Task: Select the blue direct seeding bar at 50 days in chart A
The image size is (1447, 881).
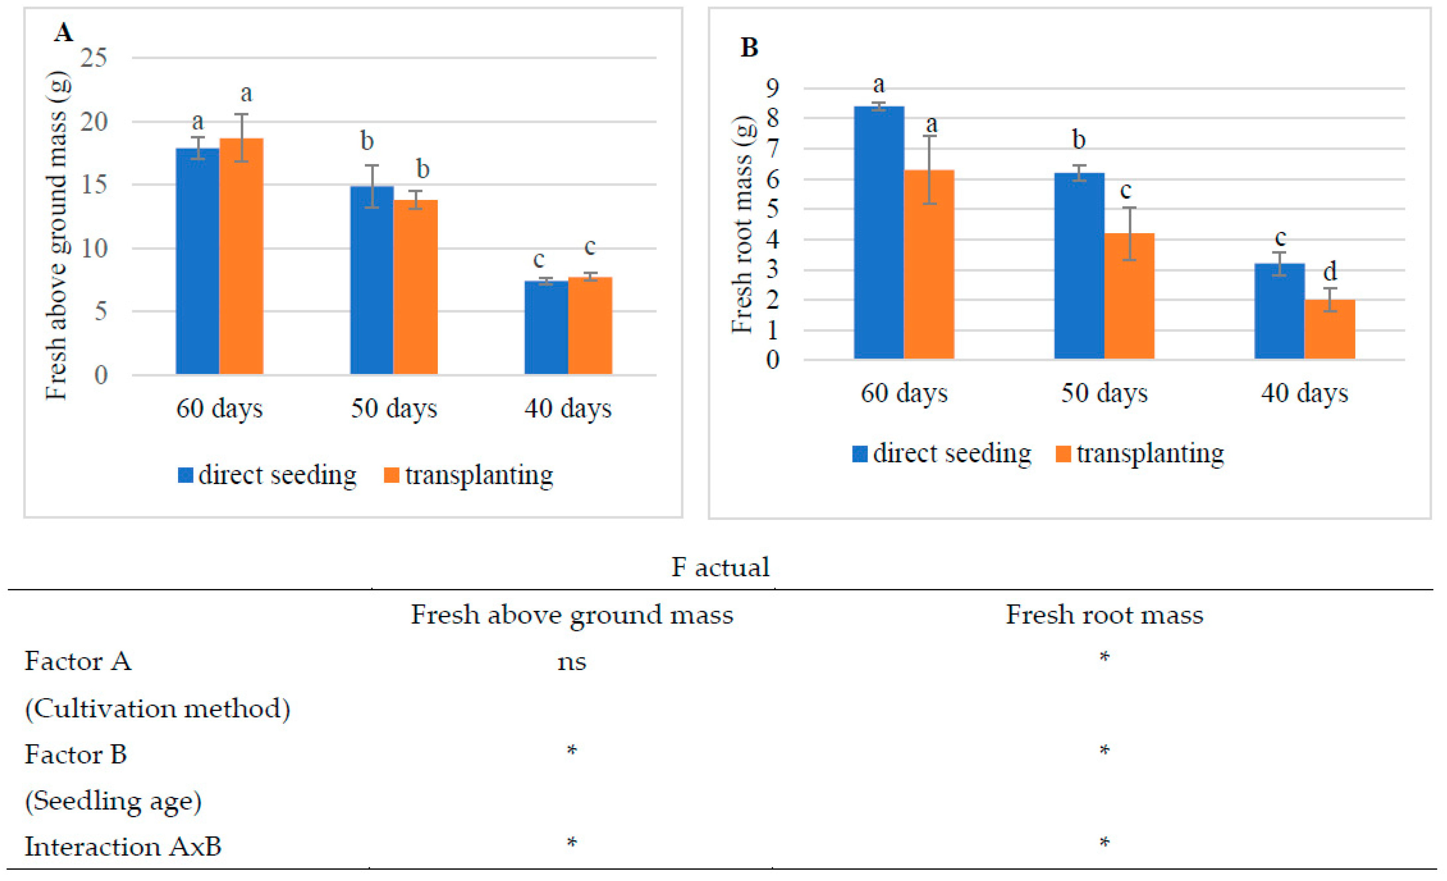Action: coord(372,280)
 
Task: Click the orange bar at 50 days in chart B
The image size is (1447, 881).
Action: coord(1129,296)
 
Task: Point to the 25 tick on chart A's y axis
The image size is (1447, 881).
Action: coord(94,58)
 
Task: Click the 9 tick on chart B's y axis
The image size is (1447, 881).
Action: coord(773,88)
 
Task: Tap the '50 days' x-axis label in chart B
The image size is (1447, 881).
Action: coord(1104,393)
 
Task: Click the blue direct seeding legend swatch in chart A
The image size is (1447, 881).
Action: coord(186,475)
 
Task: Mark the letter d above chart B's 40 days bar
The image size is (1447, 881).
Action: coord(1330,271)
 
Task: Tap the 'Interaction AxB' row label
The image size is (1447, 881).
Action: coord(123,846)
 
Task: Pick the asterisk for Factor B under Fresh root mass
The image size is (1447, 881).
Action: coord(1104,750)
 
